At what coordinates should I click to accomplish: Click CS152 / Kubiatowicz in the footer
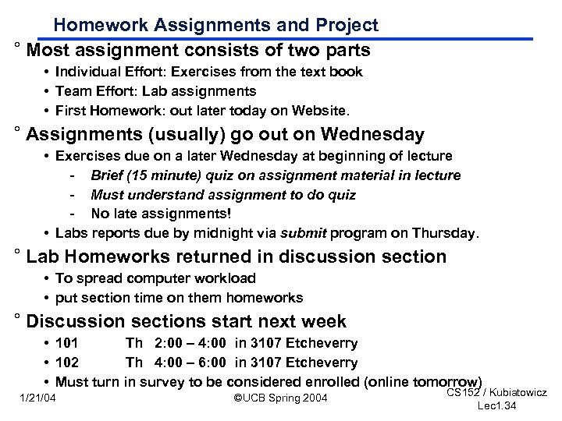point(496,391)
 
